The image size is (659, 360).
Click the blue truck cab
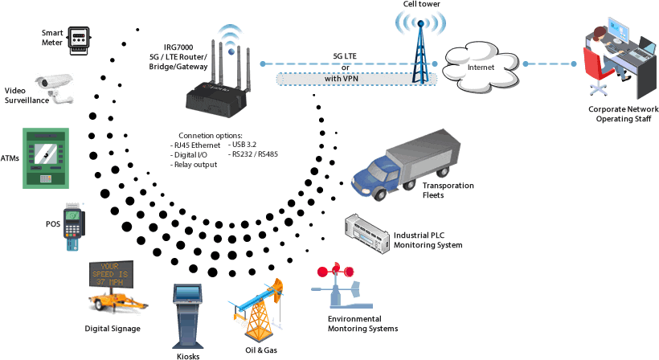pos(373,178)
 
